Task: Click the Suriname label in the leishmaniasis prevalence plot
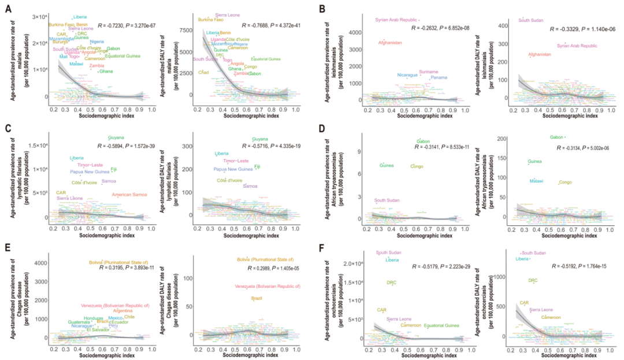[x=428, y=72]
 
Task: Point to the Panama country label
[x=439, y=77]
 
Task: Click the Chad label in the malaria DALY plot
[x=203, y=72]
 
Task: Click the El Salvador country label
[x=97, y=330]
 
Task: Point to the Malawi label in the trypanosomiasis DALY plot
[x=536, y=181]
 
